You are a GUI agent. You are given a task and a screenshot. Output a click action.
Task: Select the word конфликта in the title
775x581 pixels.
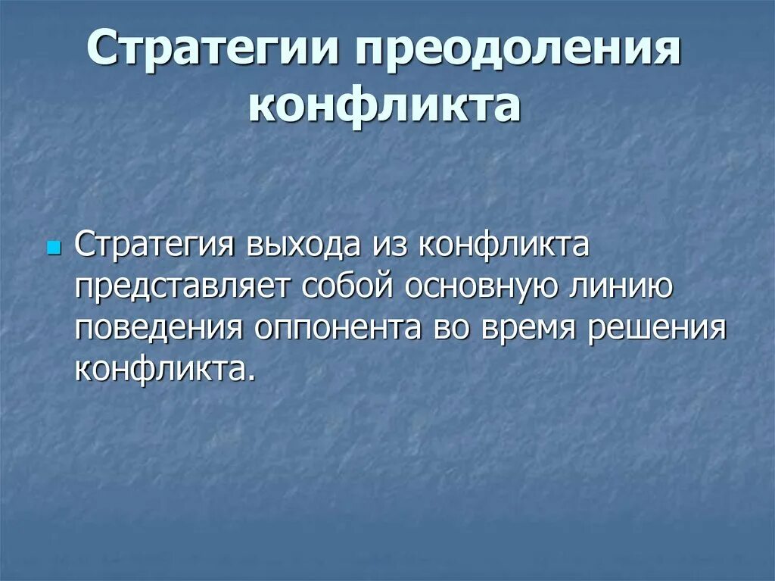click(384, 106)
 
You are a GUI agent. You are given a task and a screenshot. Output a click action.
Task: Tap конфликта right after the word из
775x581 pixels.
click(503, 245)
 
